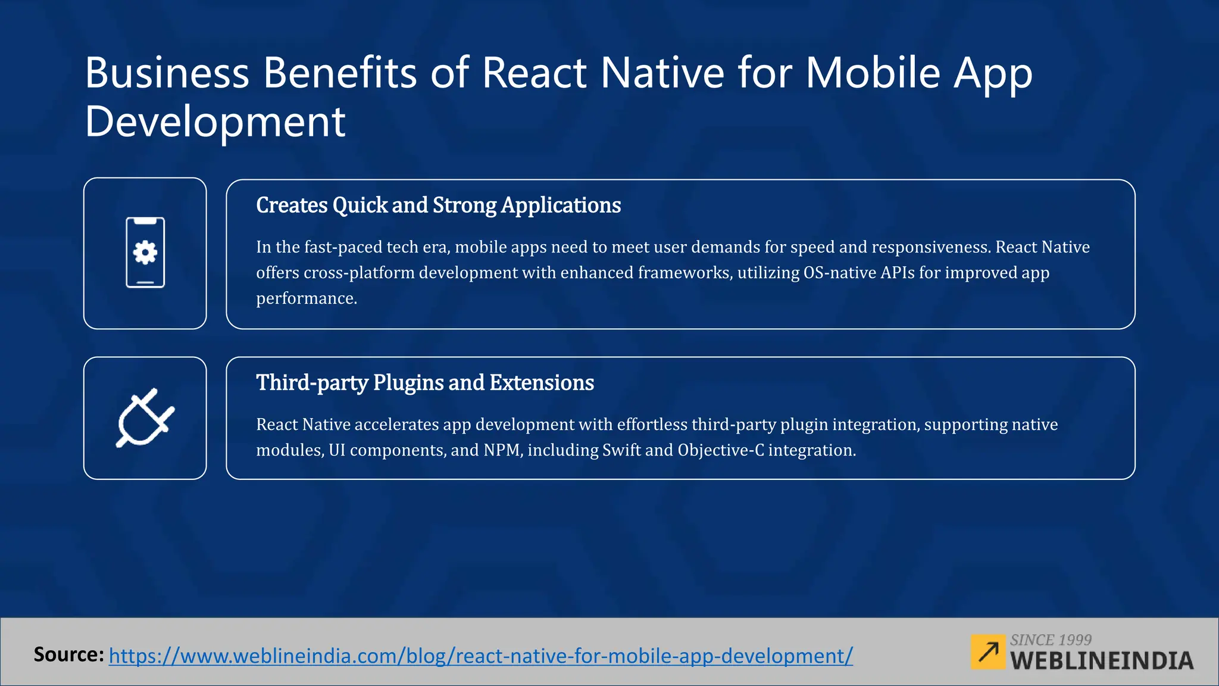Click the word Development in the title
point(215,122)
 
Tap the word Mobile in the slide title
point(873,73)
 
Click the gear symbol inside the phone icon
point(145,252)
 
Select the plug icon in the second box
point(145,418)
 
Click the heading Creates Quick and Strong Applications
point(438,205)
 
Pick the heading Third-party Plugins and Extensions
point(425,383)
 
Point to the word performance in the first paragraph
point(306,298)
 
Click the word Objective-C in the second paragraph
point(721,450)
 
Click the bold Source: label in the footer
point(68,654)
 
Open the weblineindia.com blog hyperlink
point(481,656)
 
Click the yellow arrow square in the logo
point(987,652)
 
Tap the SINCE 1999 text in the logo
point(1051,640)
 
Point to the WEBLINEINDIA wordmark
point(1102,661)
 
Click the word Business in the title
point(167,73)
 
